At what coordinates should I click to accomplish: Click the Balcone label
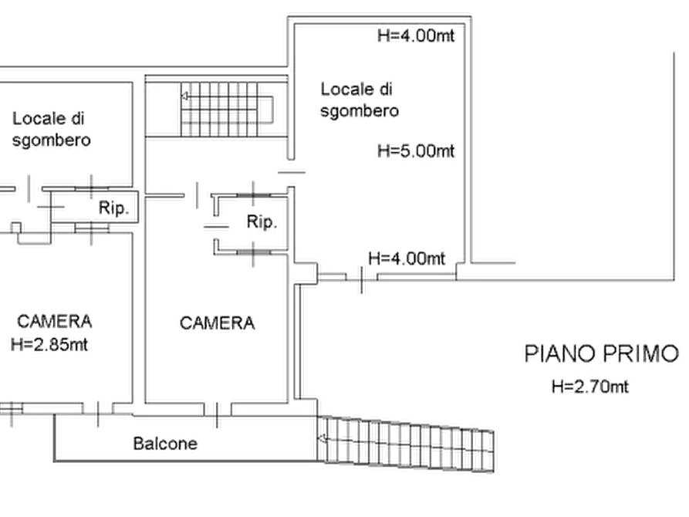pyautogui.click(x=167, y=444)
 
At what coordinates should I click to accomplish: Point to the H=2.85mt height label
pyautogui.click(x=48, y=346)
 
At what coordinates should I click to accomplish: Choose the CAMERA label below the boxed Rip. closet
pyautogui.click(x=217, y=324)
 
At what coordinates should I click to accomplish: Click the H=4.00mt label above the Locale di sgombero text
pyautogui.click(x=415, y=35)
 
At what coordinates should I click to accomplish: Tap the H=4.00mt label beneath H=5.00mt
pyautogui.click(x=408, y=258)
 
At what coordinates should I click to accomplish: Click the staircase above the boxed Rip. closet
pyautogui.click(x=224, y=113)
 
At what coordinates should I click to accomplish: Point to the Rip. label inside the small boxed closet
pyautogui.click(x=262, y=223)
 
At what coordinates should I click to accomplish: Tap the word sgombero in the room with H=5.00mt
pyautogui.click(x=358, y=111)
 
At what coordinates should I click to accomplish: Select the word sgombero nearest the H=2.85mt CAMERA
pyautogui.click(x=53, y=141)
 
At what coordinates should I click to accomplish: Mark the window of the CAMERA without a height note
pyautogui.click(x=216, y=407)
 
